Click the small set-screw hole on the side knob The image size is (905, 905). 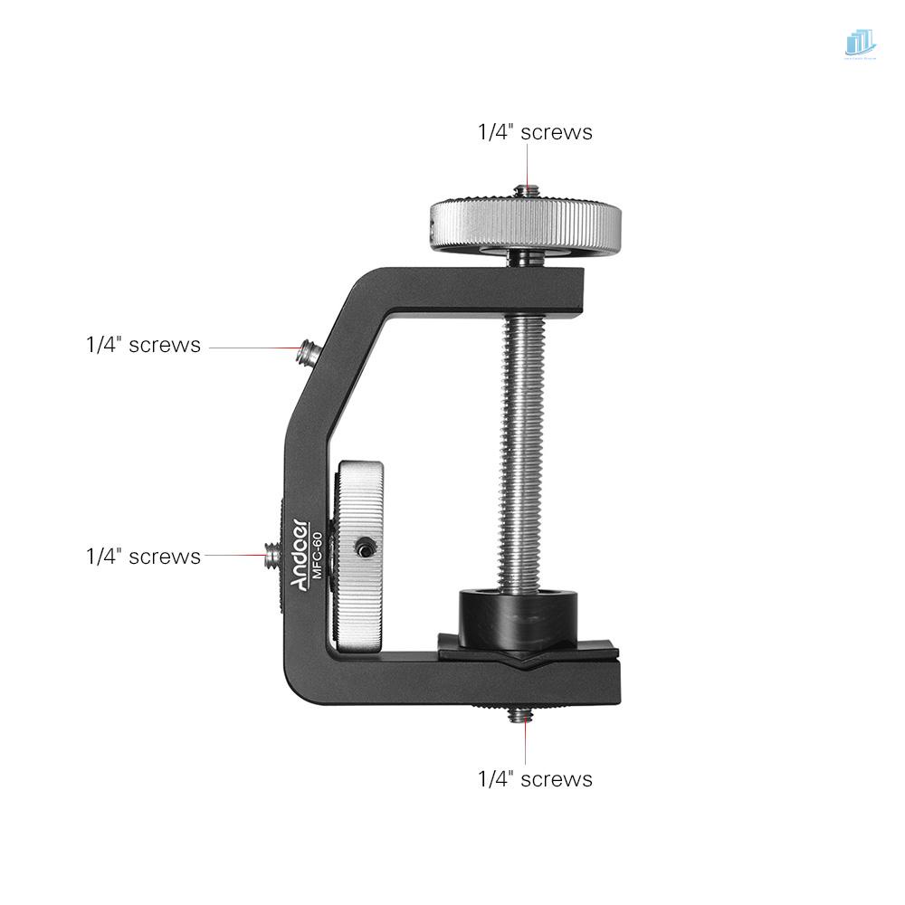tap(364, 548)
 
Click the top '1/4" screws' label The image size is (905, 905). tap(535, 132)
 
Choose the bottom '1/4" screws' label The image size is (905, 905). tap(535, 779)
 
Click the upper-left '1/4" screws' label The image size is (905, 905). tap(143, 345)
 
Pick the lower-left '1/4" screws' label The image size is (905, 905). tap(143, 557)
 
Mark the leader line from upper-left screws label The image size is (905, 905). tap(253, 346)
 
